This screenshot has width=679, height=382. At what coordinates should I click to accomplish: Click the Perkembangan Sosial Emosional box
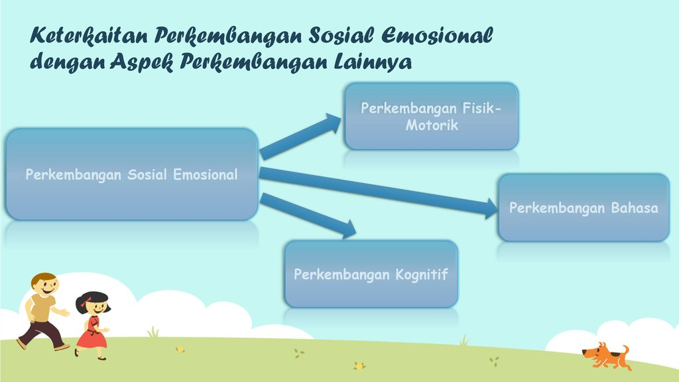pyautogui.click(x=132, y=174)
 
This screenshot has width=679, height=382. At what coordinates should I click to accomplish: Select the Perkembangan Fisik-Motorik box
pyautogui.click(x=431, y=116)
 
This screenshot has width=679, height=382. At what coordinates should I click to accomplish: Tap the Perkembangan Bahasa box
pyautogui.click(x=584, y=208)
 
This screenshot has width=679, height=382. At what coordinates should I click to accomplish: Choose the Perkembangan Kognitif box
pyautogui.click(x=371, y=274)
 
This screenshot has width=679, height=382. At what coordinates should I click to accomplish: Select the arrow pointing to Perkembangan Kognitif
pyautogui.click(x=308, y=216)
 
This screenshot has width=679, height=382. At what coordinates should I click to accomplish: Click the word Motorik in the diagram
pyautogui.click(x=432, y=125)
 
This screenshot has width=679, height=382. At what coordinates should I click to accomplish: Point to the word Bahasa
pyautogui.click(x=635, y=208)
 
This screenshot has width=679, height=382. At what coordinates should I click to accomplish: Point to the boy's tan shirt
pyautogui.click(x=42, y=308)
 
